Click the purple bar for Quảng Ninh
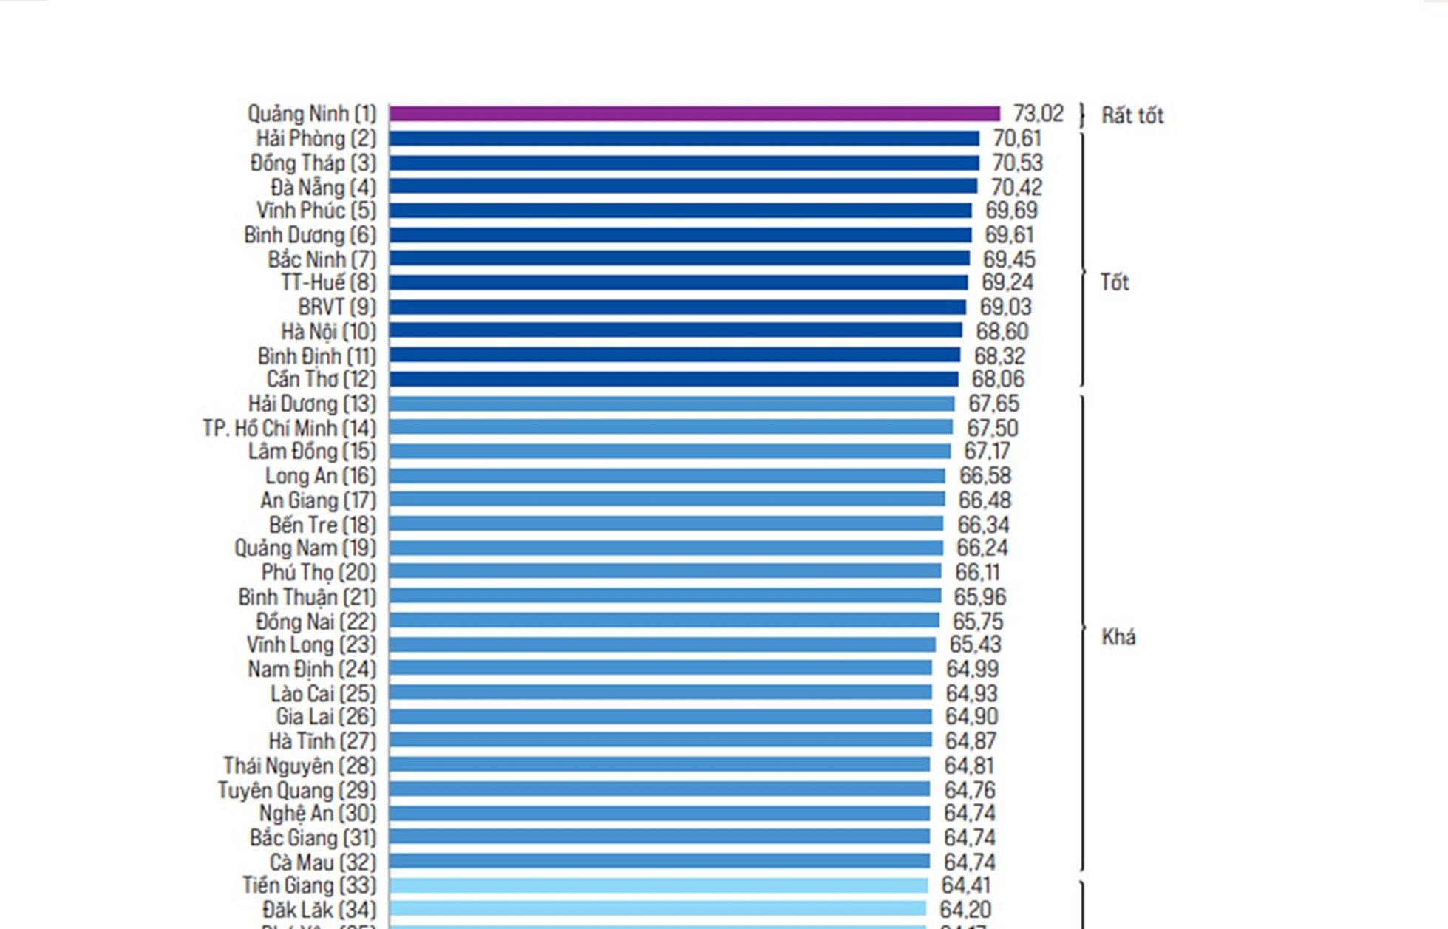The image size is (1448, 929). [x=694, y=114]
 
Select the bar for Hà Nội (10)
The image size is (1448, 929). [x=676, y=331]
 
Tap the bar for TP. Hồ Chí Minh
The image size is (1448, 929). [x=670, y=427]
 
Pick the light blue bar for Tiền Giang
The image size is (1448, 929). [x=658, y=885]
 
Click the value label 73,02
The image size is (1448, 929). [x=1038, y=114]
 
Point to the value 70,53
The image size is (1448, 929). [x=1017, y=163]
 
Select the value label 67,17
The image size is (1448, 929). [x=987, y=451]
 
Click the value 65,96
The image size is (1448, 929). [x=979, y=596]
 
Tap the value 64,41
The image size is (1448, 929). [x=965, y=885]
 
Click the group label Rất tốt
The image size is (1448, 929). [x=1132, y=115]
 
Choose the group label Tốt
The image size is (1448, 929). [x=1115, y=282]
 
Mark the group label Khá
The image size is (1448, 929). [x=1118, y=637]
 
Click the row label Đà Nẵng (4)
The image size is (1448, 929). [x=323, y=188]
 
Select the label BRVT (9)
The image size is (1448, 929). [x=337, y=307]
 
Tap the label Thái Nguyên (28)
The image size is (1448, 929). [x=299, y=766]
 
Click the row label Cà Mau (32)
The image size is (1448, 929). [x=322, y=862]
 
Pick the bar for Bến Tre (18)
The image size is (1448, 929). [x=666, y=524]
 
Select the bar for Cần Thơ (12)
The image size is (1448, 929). [x=673, y=379]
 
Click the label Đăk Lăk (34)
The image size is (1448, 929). [x=319, y=909]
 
